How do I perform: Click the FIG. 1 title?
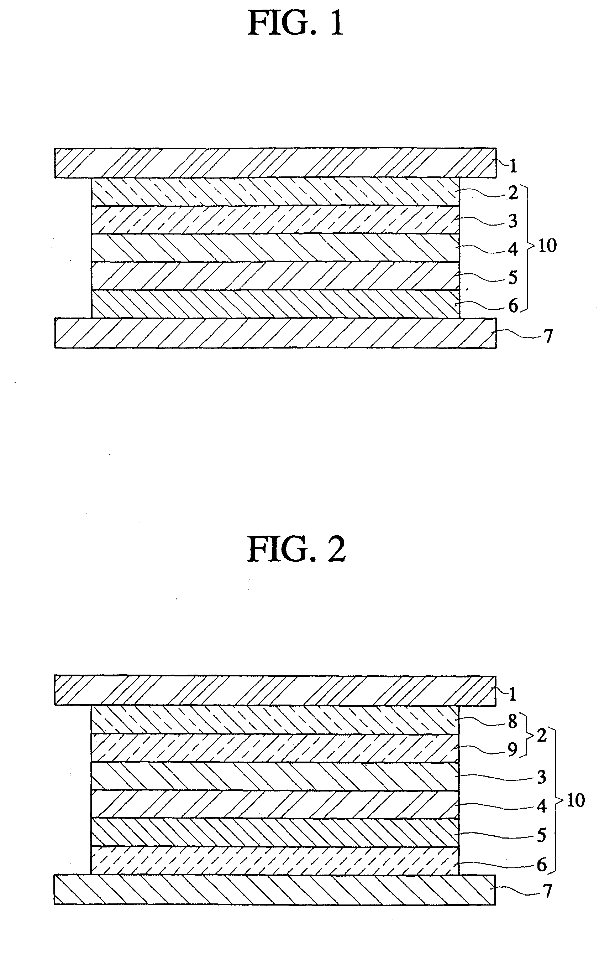pyautogui.click(x=295, y=24)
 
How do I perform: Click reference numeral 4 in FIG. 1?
pyautogui.click(x=513, y=249)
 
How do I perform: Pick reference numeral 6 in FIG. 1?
pyautogui.click(x=513, y=306)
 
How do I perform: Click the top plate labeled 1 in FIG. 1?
pyautogui.click(x=275, y=163)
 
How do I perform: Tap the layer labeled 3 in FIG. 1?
pyautogui.click(x=275, y=220)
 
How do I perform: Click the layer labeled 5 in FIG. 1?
pyautogui.click(x=275, y=276)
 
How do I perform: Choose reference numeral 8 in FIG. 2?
pyautogui.click(x=512, y=722)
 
